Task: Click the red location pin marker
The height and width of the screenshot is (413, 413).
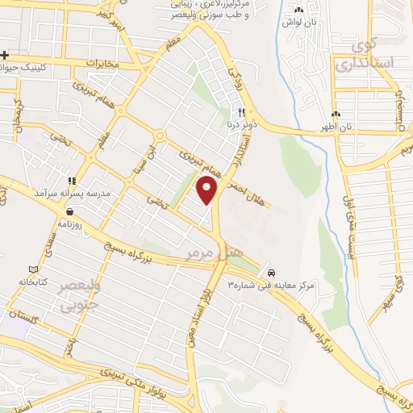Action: [x=207, y=190]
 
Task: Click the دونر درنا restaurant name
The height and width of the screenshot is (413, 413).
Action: [x=240, y=126]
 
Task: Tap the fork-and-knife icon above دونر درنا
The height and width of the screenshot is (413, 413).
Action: [x=240, y=113]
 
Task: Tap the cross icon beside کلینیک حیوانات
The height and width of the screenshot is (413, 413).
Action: [x=5, y=55]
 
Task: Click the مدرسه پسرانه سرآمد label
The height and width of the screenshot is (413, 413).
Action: [x=73, y=194]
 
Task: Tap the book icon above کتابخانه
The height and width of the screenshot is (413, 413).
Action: [x=33, y=269]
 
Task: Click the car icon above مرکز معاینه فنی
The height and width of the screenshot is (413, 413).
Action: [x=274, y=272]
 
